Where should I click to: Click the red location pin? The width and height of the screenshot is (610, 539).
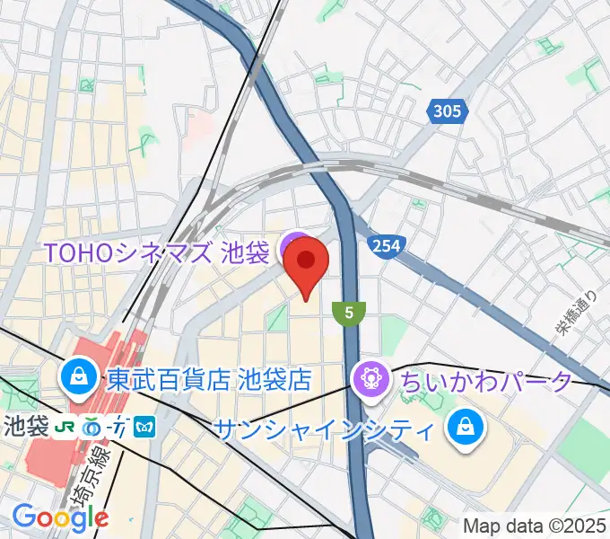pyautogui.click(x=306, y=265)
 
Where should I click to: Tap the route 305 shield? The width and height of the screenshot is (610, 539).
pyautogui.click(x=446, y=111)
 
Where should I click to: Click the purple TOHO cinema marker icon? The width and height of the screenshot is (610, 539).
pyautogui.click(x=292, y=246)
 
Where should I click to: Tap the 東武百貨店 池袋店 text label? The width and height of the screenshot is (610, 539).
pyautogui.click(x=209, y=379)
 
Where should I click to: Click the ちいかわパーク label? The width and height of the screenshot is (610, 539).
pyautogui.click(x=484, y=381)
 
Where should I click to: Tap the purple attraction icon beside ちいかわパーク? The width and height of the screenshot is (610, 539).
pyautogui.click(x=370, y=378)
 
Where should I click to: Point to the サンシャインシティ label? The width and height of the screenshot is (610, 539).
pyautogui.click(x=324, y=429)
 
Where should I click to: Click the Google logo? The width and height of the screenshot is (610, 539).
pyautogui.click(x=60, y=517)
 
